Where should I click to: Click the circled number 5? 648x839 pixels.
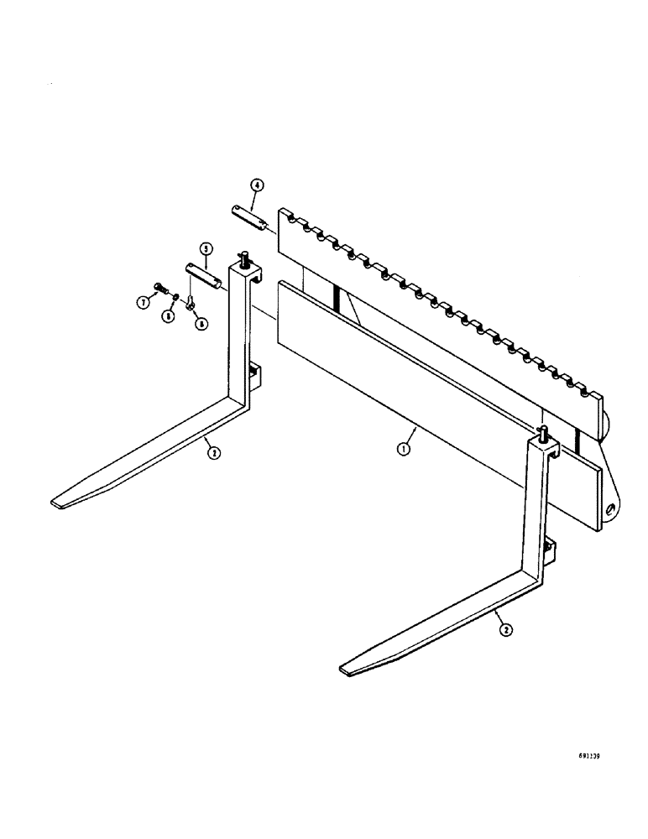(x=204, y=248)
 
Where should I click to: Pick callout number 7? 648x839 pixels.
(x=144, y=301)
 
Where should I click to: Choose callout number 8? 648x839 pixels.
(x=169, y=316)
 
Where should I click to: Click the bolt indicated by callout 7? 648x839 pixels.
(x=159, y=289)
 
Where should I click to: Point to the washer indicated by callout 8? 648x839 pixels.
(x=174, y=295)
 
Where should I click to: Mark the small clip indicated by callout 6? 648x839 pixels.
(x=192, y=302)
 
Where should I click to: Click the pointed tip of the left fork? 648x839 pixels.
(x=57, y=503)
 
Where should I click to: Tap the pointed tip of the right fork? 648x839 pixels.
(x=345, y=669)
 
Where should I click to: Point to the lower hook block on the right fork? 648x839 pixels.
(x=550, y=550)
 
